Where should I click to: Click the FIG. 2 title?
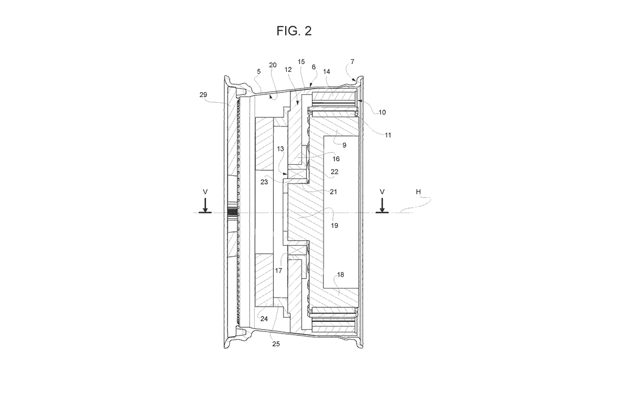(294, 31)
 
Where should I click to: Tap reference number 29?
(203, 95)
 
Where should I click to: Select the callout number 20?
(273, 65)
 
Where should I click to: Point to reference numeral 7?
(353, 61)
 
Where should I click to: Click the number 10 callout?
(382, 112)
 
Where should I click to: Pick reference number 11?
(388, 135)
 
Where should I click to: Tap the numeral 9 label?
(344, 145)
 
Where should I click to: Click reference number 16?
(336, 159)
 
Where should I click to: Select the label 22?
(334, 172)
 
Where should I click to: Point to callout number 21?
(333, 192)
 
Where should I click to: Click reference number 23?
(264, 182)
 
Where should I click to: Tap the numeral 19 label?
(334, 225)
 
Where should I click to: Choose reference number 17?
(278, 271)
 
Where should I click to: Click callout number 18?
(341, 275)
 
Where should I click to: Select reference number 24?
(264, 319)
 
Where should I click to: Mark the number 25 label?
(276, 344)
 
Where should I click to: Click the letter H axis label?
(418, 192)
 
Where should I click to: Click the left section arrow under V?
(205, 206)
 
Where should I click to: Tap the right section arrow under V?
(382, 206)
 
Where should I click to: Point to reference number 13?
(280, 149)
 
